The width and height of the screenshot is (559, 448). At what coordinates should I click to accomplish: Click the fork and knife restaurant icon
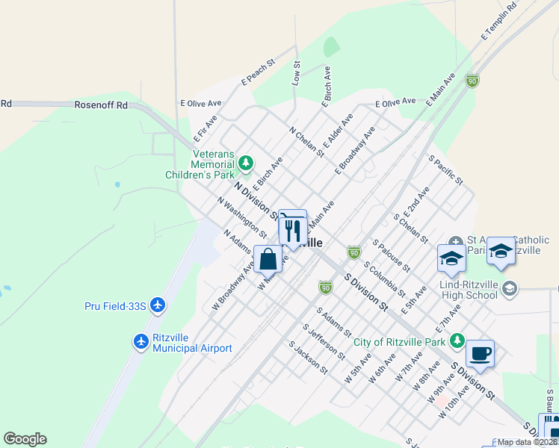[x=292, y=229]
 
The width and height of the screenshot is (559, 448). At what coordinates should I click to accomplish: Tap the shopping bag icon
[x=268, y=260]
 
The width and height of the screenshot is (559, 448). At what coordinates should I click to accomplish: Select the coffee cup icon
[x=480, y=353]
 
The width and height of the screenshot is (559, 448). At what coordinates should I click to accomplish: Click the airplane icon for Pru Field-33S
[x=157, y=305]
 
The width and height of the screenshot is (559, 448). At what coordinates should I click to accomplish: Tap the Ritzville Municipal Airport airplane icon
[x=140, y=341]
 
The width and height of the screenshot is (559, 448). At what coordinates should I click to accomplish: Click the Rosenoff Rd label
[x=102, y=105]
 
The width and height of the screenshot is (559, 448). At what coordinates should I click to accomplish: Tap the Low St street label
[x=296, y=73]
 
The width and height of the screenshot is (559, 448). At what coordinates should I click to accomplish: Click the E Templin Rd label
[x=499, y=22]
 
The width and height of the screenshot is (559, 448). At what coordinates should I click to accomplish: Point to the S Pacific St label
[x=446, y=170]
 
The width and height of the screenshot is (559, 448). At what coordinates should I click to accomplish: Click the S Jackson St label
[x=309, y=358]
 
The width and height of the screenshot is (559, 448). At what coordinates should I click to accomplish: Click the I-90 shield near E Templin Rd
[x=472, y=81]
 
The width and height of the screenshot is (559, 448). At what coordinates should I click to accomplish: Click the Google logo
[x=25, y=439]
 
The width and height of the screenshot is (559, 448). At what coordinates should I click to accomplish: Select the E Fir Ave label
[x=205, y=128]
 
